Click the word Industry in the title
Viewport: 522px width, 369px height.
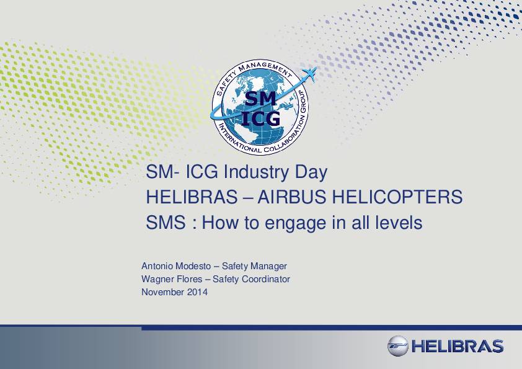coord(256,172)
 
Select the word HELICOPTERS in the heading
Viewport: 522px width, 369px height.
coord(397,197)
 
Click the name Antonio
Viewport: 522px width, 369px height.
coord(157,266)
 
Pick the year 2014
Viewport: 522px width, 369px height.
coord(197,292)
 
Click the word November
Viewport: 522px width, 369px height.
coord(163,292)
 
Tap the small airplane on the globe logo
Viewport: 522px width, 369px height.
coord(309,74)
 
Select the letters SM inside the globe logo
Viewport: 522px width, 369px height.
coord(261,99)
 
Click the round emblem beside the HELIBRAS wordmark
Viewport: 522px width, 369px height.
coord(398,346)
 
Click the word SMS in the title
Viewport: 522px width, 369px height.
coord(166,223)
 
